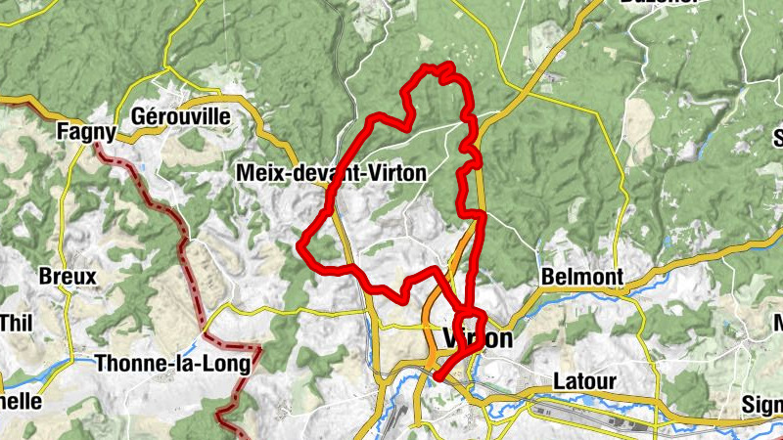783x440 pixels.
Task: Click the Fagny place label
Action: point(87,131)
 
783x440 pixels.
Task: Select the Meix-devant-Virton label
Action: point(332,173)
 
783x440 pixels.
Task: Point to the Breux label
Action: point(68,277)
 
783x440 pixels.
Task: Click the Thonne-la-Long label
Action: point(173,364)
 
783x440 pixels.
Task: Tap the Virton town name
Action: point(478,339)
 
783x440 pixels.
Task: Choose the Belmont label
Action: point(581,278)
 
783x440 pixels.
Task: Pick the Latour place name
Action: point(584,380)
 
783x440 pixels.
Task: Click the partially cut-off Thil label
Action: point(16,322)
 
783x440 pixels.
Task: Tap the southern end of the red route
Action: point(438,377)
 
